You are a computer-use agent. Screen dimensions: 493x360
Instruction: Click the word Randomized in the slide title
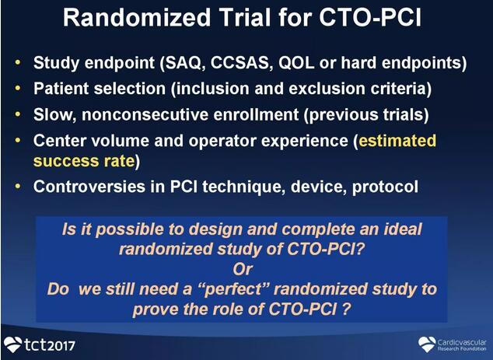pos(137,17)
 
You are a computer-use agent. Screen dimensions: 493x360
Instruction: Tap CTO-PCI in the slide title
pos(370,17)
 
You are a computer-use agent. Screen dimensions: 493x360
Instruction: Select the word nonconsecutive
pos(145,114)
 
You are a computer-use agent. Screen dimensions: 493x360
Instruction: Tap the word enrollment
pos(256,114)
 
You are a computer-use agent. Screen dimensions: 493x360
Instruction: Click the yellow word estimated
pos(397,141)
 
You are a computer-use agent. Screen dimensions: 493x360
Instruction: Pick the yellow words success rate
pos(84,161)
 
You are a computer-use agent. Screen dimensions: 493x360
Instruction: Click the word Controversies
pos(89,187)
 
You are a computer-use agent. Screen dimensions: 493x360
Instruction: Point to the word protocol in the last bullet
pos(385,187)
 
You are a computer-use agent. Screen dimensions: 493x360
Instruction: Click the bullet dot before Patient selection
pos(18,89)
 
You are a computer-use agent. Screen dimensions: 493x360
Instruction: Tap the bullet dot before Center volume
pos(18,140)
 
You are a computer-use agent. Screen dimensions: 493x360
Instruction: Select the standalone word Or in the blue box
pos(243,269)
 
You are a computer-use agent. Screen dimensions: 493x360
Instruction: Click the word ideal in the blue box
pos(403,229)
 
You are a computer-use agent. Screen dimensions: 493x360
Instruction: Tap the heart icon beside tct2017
pos(13,344)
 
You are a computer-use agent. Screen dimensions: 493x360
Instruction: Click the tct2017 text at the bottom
pos(50,345)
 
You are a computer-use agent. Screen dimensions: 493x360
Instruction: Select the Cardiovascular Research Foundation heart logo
pos(427,344)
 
